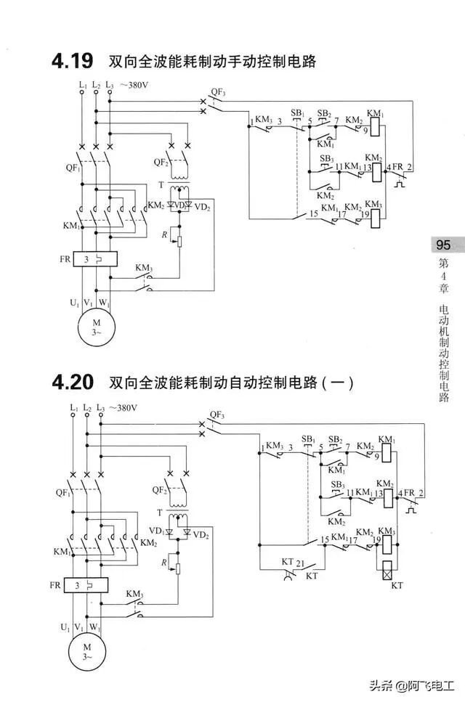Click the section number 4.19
click(x=73, y=61)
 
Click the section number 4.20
click(x=73, y=380)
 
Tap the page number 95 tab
click(x=443, y=244)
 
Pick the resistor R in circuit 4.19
click(x=181, y=241)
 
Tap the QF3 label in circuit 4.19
click(x=217, y=92)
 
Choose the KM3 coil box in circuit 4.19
click(x=374, y=215)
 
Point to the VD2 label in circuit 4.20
click(x=201, y=535)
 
